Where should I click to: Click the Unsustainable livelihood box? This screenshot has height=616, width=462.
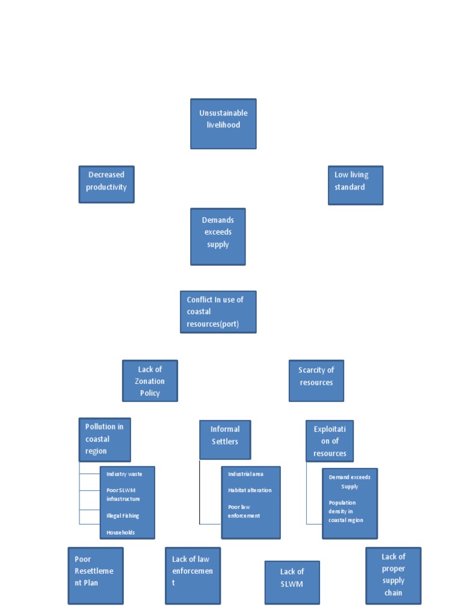pyautogui.click(x=223, y=124)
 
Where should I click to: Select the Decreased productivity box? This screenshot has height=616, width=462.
pyautogui.click(x=106, y=184)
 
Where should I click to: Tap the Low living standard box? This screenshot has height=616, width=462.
pyautogui.click(x=356, y=185)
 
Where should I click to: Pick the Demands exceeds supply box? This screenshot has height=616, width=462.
pyautogui.click(x=218, y=236)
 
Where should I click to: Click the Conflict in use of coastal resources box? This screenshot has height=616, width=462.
pyautogui.click(x=218, y=312)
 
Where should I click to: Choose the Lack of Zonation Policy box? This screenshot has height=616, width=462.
pyautogui.click(x=150, y=381)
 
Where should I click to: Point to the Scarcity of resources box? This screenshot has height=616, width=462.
pyautogui.click(x=316, y=381)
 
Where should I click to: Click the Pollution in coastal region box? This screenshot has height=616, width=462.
pyautogui.click(x=105, y=440)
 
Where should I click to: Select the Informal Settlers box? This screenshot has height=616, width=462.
pyautogui.click(x=225, y=440)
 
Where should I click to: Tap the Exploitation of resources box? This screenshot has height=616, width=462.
pyautogui.click(x=330, y=441)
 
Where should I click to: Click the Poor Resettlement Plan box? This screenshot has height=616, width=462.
pyautogui.click(x=96, y=576)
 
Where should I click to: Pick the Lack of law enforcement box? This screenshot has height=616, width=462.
pyautogui.click(x=193, y=576)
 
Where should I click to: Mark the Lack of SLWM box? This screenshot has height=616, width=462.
pyautogui.click(x=292, y=582)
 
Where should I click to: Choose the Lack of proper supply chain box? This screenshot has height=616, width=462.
pyautogui.click(x=393, y=576)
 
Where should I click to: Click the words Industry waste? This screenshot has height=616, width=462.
pyautogui.click(x=124, y=474)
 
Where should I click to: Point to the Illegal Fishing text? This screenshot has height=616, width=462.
pyautogui.click(x=123, y=516)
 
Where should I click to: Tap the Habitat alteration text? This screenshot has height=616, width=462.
pyautogui.click(x=250, y=490)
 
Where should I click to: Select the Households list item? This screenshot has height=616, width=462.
pyautogui.click(x=120, y=532)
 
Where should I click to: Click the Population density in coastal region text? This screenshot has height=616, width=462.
pyautogui.click(x=346, y=511)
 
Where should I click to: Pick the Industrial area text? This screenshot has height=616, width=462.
pyautogui.click(x=245, y=474)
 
